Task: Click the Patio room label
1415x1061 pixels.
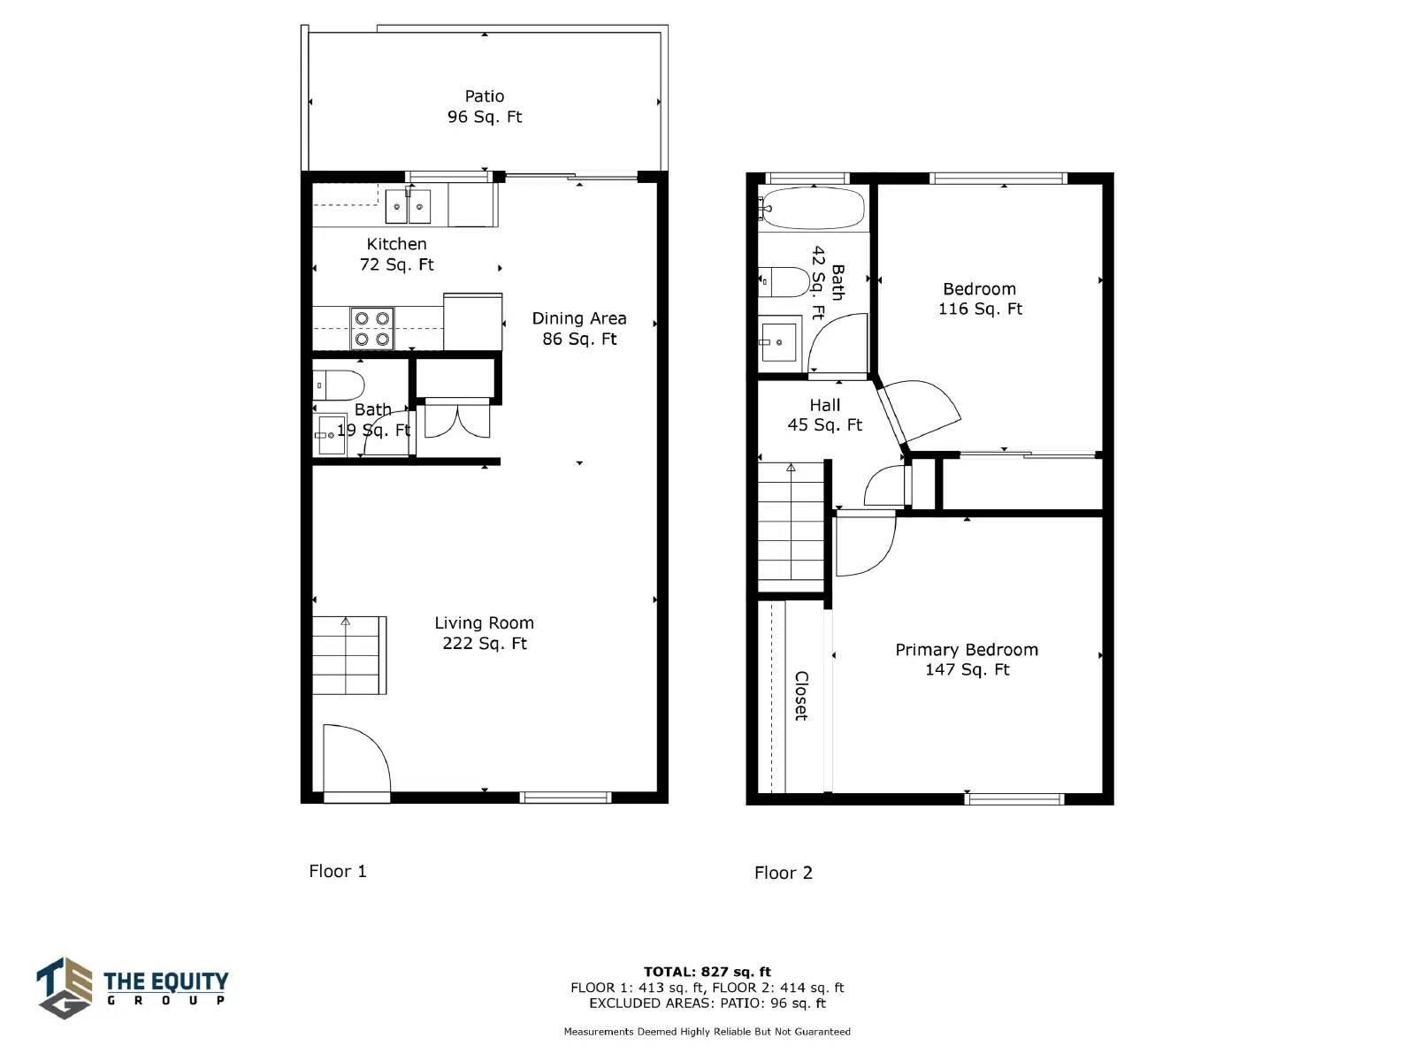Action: pos(484,106)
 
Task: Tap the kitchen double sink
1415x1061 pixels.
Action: pos(408,206)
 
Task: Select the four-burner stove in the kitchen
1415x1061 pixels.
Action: pos(372,329)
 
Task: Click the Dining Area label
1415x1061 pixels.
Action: pos(579,329)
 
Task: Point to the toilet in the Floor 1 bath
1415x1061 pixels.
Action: pos(339,385)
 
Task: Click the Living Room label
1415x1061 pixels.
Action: pos(484,632)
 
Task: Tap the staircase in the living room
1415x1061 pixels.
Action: pos(349,655)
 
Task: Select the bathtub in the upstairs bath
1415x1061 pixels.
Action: pos(811,208)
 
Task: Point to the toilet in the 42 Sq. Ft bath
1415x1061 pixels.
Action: pos(784,282)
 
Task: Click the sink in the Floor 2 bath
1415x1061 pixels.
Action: pos(779,342)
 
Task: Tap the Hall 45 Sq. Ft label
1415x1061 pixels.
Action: pos(824,415)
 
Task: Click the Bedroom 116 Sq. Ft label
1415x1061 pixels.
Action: pos(980,299)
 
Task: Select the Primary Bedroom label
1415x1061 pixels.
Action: pos(967,659)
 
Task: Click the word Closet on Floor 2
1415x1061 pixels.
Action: pos(801,696)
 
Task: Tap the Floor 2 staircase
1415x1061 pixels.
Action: pos(791,527)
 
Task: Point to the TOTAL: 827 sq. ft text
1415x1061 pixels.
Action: pos(707,972)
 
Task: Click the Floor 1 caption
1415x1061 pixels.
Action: pos(338,871)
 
